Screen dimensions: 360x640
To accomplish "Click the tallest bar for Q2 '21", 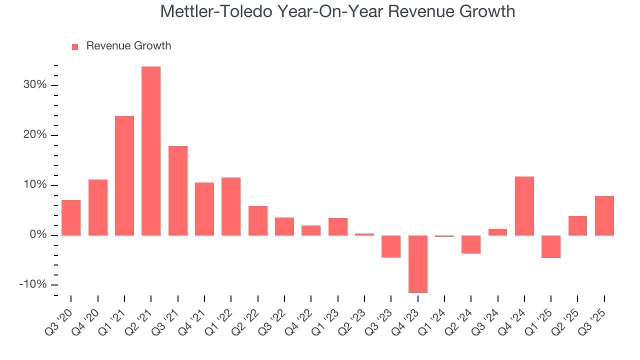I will click(151, 150).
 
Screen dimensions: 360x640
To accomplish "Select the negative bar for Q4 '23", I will click(418, 264).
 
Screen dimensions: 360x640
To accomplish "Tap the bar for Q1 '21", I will click(124, 175).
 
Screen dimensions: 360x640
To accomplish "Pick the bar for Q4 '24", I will click(524, 205).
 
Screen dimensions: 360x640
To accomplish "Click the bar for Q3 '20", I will click(71, 217).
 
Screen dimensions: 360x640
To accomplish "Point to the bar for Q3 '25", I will click(604, 215).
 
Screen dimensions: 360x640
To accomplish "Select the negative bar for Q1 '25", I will click(551, 246).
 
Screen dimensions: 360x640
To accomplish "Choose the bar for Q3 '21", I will click(178, 190).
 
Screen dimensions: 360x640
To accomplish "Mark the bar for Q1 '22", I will click(231, 206).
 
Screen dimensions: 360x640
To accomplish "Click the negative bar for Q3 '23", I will click(391, 246).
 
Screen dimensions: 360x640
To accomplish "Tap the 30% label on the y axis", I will click(35, 85).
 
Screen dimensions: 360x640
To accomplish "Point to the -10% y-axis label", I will click(33, 285).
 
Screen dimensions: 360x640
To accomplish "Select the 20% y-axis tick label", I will click(35, 135).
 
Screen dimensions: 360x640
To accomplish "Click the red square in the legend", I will click(75, 46).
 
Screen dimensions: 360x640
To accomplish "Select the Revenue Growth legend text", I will click(128, 46).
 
